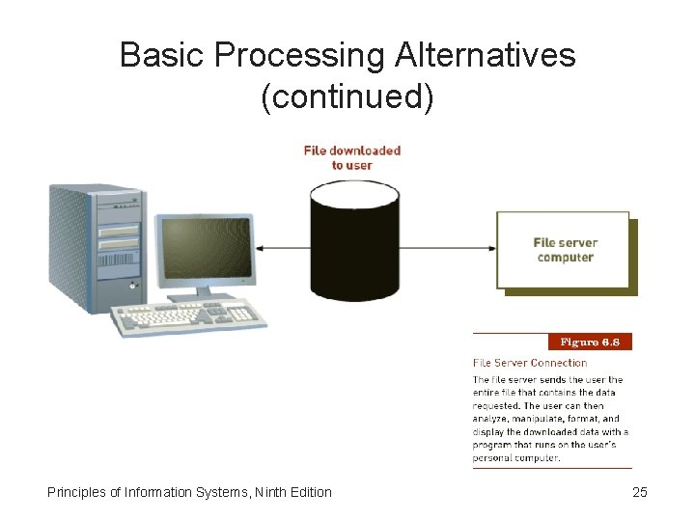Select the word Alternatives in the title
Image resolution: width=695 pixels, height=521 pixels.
[x=486, y=56]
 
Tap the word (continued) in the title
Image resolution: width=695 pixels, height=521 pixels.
[x=347, y=97]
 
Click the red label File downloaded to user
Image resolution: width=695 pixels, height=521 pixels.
[x=351, y=157]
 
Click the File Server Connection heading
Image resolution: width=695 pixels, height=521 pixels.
[x=530, y=363]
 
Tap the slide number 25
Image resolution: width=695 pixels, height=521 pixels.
[x=639, y=492]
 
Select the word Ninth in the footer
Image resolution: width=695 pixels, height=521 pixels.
[x=264, y=492]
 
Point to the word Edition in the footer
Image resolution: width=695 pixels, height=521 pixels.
[x=309, y=492]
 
